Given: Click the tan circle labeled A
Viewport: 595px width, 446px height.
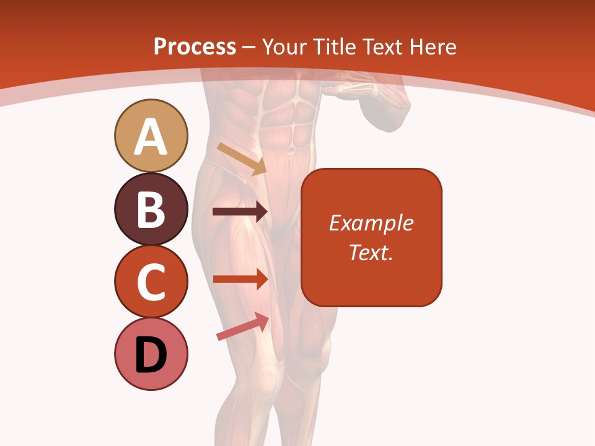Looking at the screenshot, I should click(151, 136).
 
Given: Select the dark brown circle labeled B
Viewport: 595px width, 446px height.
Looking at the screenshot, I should click(151, 209).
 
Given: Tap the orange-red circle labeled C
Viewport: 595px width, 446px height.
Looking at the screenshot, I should click(151, 281).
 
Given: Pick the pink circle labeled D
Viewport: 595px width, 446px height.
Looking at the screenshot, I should click(151, 354).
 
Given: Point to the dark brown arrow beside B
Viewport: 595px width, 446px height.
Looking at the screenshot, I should click(240, 212).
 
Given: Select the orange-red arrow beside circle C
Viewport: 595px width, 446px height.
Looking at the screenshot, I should click(240, 279).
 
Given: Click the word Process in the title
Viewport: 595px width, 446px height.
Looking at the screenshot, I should click(195, 46).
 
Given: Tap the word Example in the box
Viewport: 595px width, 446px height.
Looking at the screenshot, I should click(371, 223).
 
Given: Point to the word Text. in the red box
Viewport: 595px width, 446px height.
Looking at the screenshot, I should click(371, 252).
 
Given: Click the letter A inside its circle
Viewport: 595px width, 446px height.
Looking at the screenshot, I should click(151, 138).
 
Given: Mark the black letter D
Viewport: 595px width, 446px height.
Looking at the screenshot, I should click(151, 355).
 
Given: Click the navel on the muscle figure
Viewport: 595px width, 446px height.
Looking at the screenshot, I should click(291, 149).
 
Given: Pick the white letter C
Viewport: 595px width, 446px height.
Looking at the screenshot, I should click(151, 282).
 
